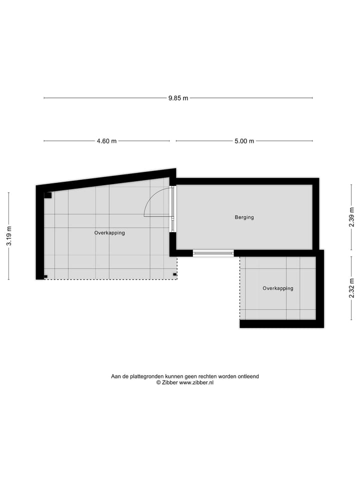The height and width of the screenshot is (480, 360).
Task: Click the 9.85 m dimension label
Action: (178, 98)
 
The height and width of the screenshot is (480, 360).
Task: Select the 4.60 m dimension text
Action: (106, 141)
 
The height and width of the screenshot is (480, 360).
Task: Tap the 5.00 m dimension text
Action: (244, 141)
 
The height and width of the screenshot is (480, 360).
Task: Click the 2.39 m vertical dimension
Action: (351, 217)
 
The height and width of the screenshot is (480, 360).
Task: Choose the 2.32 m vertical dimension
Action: (351, 288)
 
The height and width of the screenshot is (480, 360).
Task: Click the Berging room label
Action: (244, 217)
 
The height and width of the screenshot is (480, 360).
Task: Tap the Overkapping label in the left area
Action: (109, 233)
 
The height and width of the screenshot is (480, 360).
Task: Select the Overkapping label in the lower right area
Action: (278, 288)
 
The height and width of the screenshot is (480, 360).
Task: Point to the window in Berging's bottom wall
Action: (213, 253)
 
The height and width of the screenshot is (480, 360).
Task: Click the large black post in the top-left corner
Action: (48, 195)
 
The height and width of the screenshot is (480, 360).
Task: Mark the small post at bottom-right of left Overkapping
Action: (174, 274)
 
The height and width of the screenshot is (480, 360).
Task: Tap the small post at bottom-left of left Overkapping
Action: (45, 276)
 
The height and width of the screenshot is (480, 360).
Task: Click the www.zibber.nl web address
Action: (196, 382)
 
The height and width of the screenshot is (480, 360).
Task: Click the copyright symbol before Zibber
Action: (158, 382)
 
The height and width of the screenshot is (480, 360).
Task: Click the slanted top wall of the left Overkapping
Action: (105, 180)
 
